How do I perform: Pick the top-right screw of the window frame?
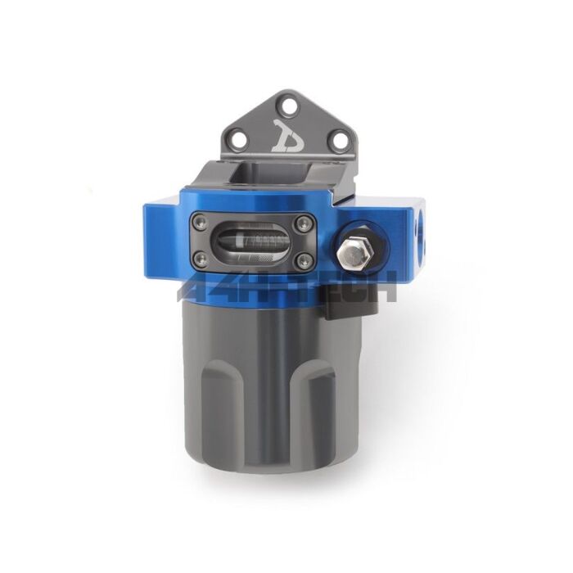[304, 220]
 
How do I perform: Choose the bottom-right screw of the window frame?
[304, 259]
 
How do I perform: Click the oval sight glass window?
[250, 240]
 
